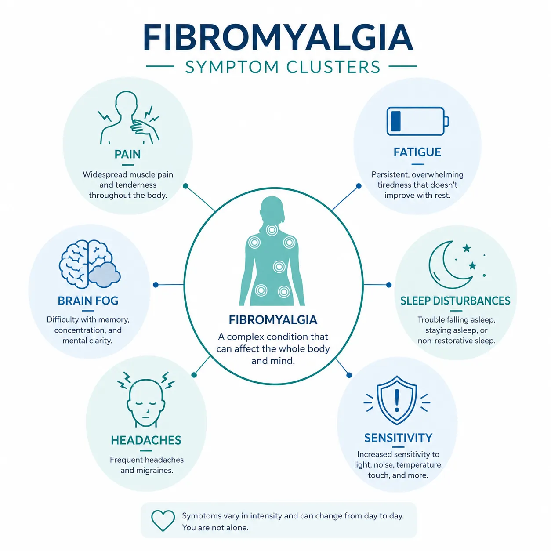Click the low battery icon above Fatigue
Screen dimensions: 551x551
[417, 121]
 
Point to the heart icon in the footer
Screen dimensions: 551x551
[163, 521]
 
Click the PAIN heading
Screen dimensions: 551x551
[127, 154]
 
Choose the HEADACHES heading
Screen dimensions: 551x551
[146, 440]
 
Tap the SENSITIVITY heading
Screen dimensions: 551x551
[398, 438]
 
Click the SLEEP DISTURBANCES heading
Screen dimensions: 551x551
[455, 301]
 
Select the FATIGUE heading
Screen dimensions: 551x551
[417, 152]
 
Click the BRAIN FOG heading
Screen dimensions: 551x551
[88, 301]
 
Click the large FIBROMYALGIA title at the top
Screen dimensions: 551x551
[278, 37]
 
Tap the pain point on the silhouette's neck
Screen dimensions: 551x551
[272, 230]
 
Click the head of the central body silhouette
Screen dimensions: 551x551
[272, 209]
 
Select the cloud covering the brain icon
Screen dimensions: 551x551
[104, 275]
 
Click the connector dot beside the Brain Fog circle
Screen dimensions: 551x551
[156, 285]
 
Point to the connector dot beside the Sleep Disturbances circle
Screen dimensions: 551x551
[388, 285]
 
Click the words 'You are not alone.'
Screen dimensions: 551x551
[215, 528]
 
